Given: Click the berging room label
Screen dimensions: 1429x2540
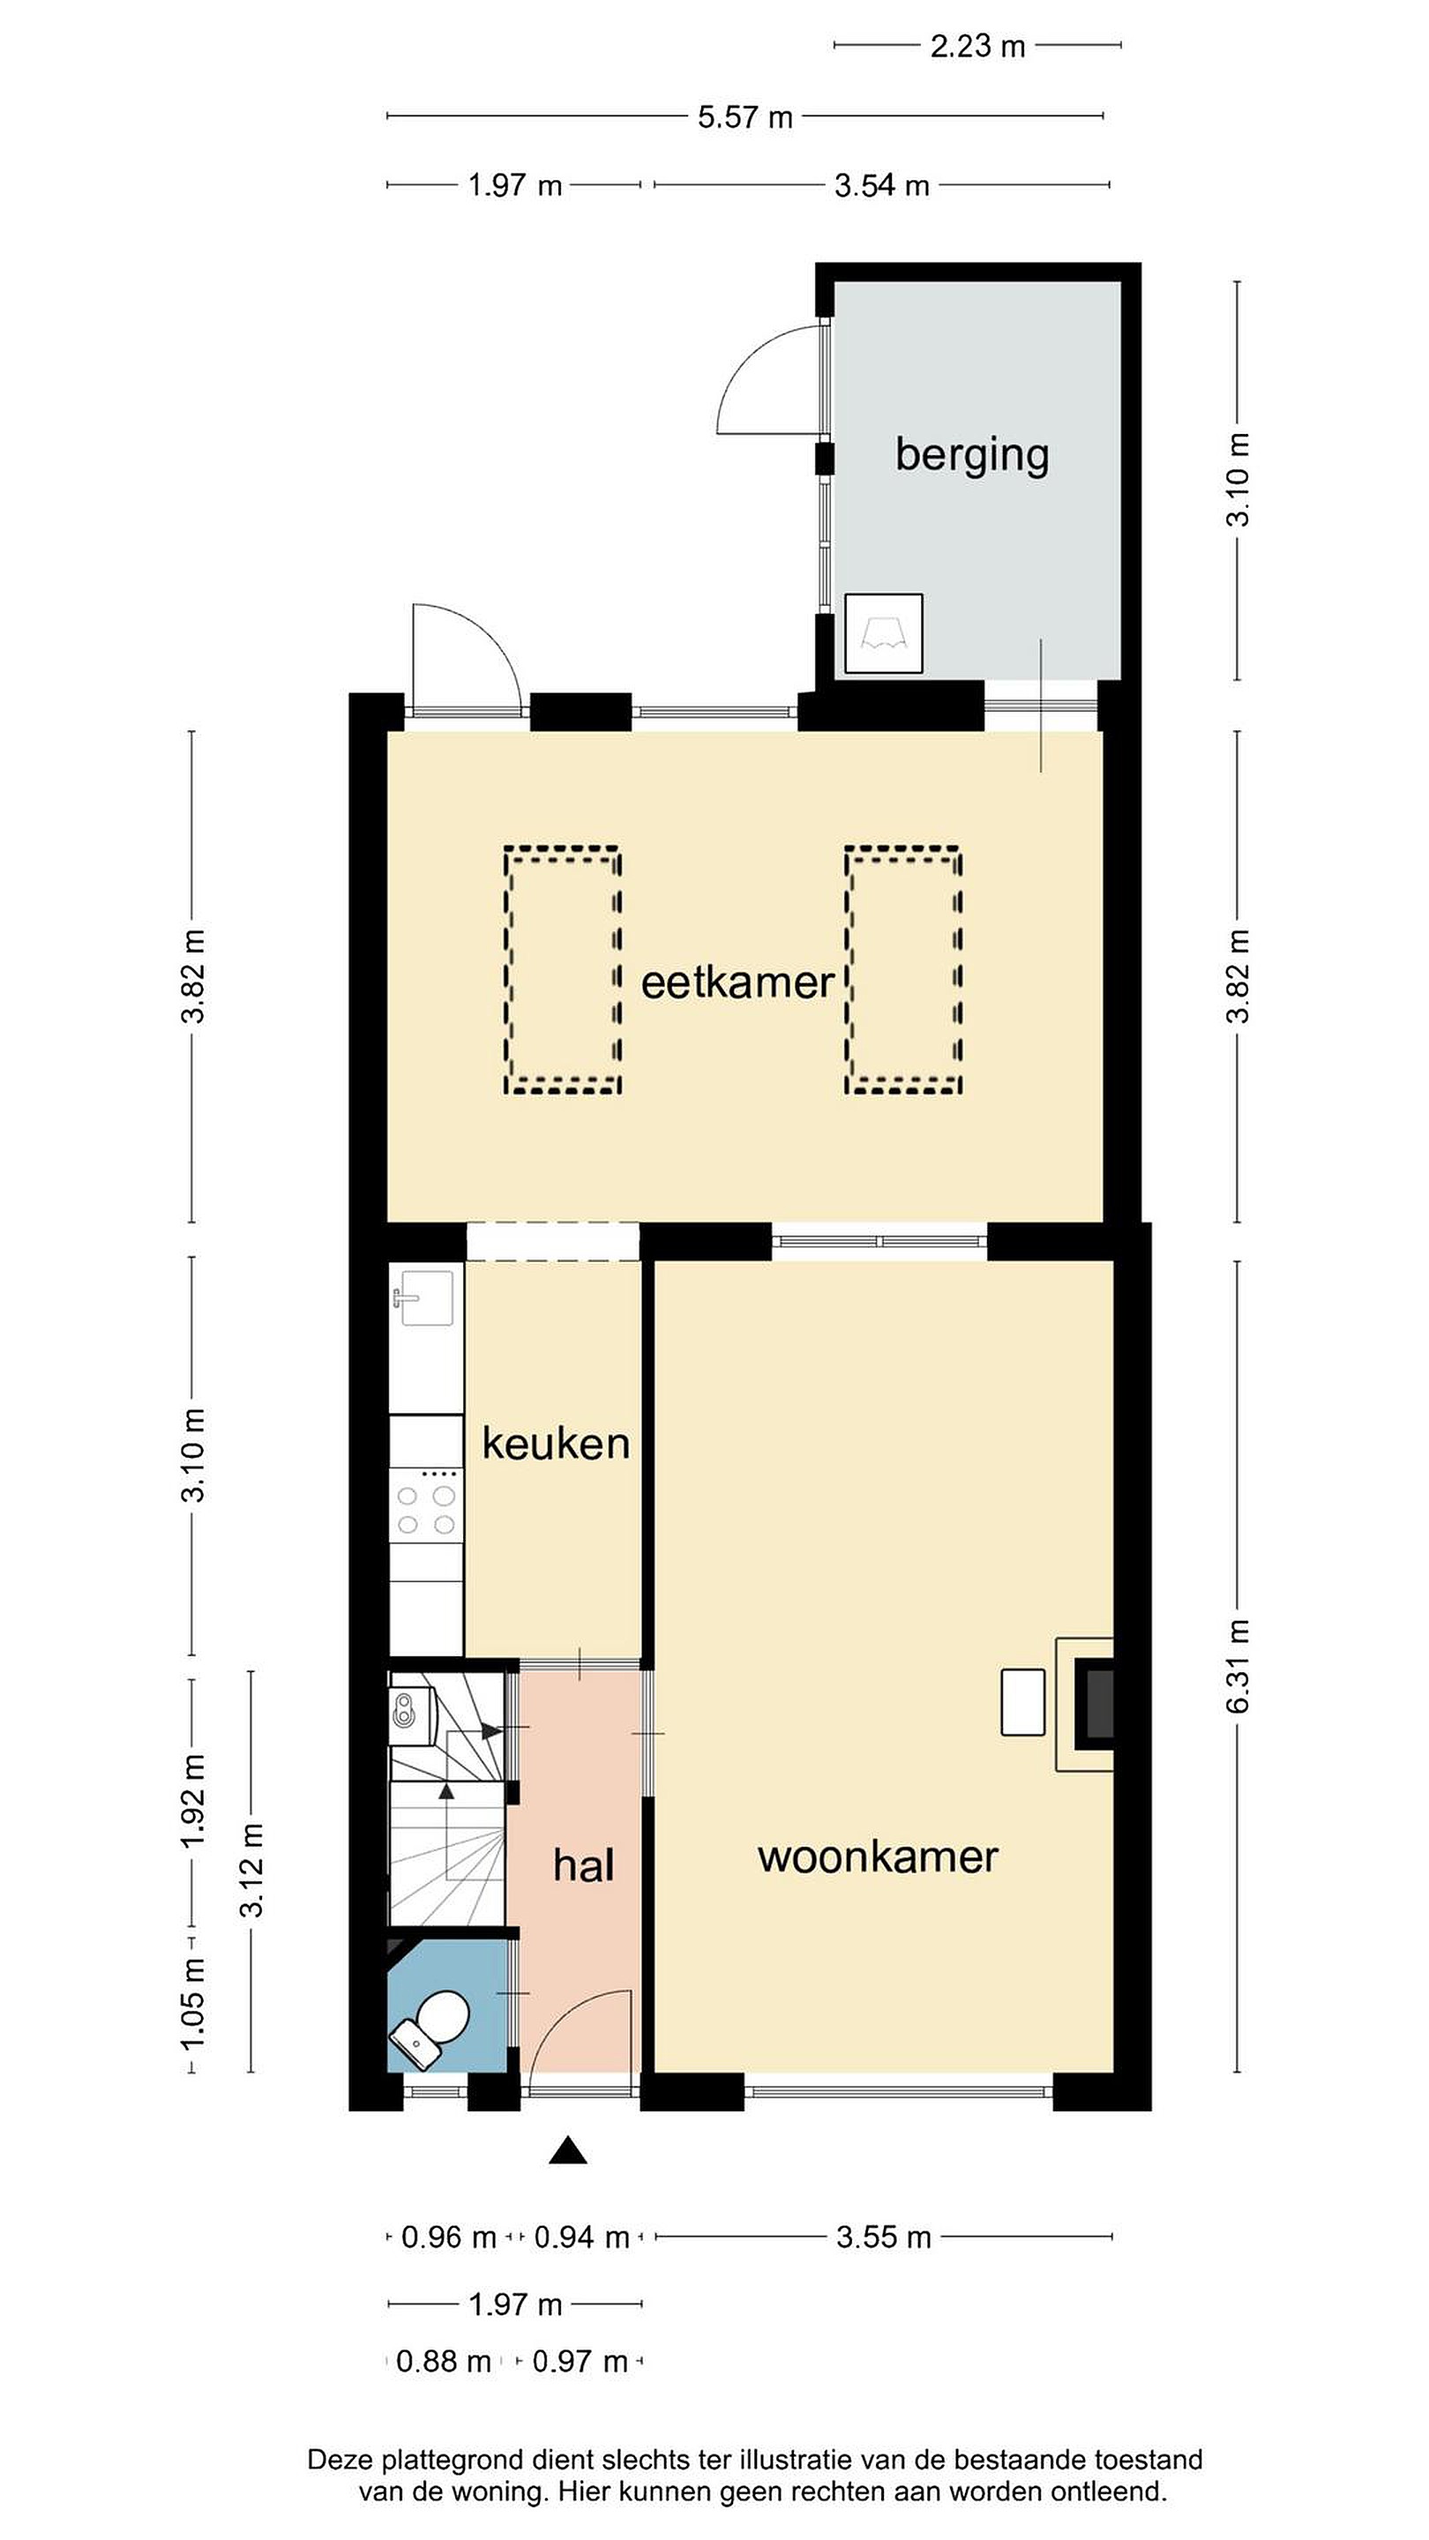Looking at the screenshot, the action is (x=971, y=456).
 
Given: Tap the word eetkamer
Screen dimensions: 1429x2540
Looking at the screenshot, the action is (x=737, y=983).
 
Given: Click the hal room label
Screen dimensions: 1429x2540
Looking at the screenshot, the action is (x=584, y=1865).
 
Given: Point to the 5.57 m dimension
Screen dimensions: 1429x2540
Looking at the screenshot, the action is (x=744, y=117).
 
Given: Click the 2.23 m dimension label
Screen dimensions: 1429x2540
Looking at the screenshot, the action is (x=977, y=47).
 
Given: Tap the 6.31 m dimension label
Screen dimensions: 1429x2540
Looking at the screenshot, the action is (x=1238, y=1665).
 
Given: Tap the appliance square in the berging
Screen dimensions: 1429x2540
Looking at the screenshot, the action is (x=884, y=633).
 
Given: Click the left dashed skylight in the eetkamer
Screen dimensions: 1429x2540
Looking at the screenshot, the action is (x=562, y=970).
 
